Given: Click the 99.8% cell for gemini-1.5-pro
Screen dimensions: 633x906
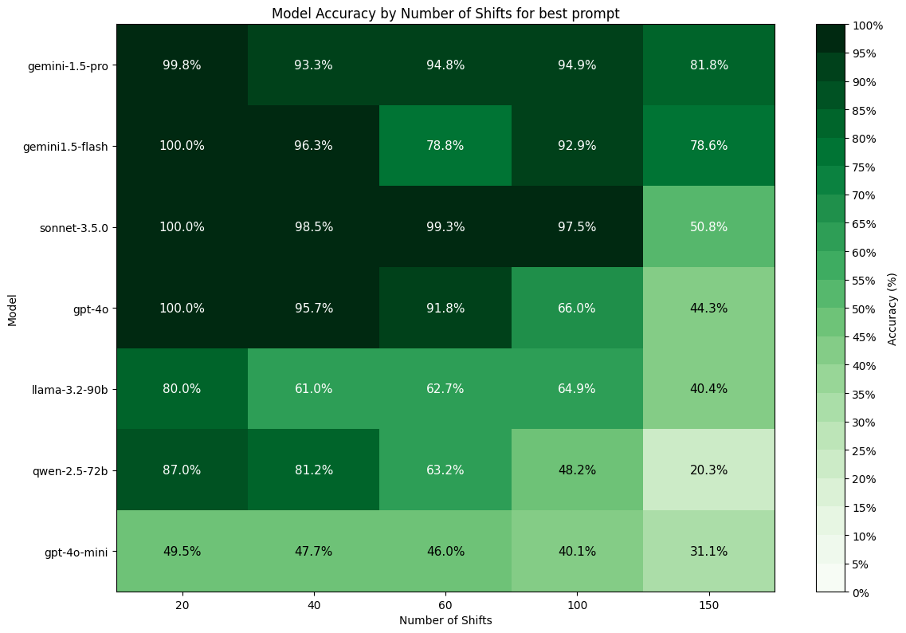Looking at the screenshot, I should pos(182,65).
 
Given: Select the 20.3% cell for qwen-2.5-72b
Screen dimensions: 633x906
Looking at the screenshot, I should pos(708,470).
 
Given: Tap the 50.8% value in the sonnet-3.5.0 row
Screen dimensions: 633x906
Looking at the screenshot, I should pos(708,227).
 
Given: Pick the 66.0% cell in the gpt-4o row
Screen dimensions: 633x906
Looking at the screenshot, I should pos(577,308).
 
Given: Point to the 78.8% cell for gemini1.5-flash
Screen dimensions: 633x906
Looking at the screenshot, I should pos(445,146).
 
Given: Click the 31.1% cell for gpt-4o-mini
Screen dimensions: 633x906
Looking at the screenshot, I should pos(708,551).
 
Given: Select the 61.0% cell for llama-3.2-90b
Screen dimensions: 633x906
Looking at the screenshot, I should pos(314,389).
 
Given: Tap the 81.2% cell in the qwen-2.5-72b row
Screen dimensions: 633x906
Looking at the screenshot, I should pos(314,470).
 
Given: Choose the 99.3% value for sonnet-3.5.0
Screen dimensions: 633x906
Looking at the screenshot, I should pos(445,227).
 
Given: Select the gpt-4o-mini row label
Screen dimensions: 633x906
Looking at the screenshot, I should pos(76,551).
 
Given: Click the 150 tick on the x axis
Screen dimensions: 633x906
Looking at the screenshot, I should pos(708,606).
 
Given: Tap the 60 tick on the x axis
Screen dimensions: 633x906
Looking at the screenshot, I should pos(445,606).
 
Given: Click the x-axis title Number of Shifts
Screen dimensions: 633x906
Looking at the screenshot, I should pos(445,621).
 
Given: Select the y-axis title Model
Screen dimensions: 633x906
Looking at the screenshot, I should pos(12,308).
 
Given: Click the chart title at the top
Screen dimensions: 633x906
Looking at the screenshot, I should pos(445,14).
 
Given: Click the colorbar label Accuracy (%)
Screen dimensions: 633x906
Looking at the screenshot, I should pos(892,308).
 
